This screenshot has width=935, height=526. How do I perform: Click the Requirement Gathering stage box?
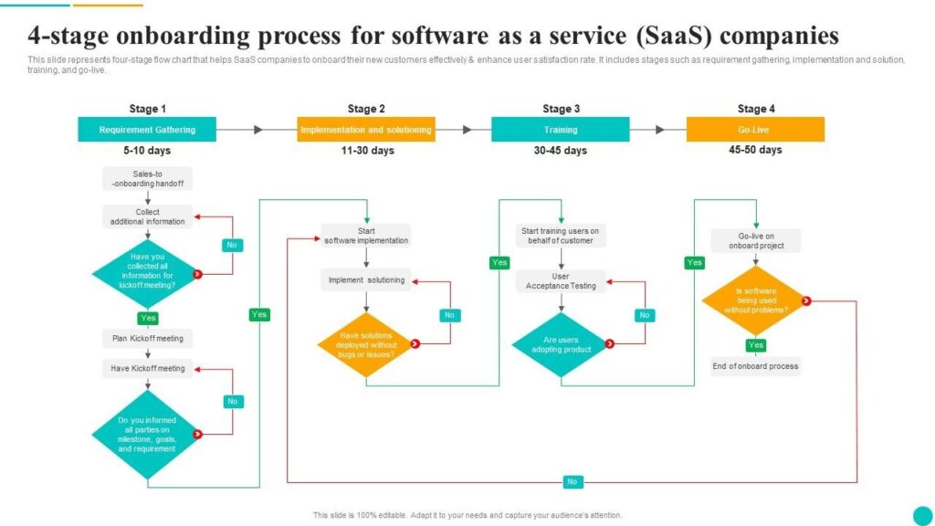point(147,130)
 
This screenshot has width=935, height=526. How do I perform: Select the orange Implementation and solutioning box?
point(365,130)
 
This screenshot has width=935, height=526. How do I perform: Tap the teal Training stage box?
point(560,130)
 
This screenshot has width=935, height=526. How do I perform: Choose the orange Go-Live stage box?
point(755,130)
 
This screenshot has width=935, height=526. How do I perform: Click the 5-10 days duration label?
point(147,151)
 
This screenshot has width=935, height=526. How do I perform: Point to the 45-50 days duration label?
point(755,150)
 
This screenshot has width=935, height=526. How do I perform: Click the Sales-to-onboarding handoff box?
point(147,178)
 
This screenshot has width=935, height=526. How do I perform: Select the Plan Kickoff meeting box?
point(147,339)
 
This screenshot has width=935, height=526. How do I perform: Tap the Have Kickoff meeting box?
point(147,368)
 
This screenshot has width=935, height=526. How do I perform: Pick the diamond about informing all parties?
point(147,435)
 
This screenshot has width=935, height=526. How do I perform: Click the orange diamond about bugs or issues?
point(365,344)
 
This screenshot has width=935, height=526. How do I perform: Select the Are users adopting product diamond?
point(561,344)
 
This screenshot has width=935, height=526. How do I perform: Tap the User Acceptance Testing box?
point(561,280)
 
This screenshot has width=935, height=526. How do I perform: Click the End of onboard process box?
point(755,366)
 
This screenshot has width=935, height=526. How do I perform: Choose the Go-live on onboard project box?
point(755,240)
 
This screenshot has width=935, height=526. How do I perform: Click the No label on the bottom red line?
point(573,481)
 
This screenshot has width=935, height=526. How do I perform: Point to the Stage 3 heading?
point(561,109)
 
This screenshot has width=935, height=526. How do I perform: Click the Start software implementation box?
point(366,236)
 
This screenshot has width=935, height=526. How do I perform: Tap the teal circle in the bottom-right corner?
point(922,514)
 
